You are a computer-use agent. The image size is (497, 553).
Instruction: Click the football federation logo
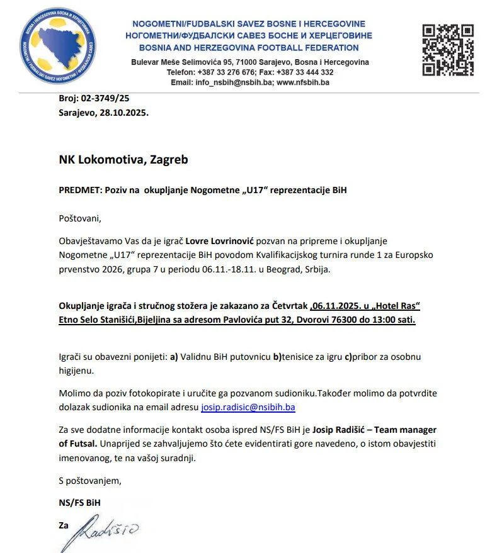(59, 47)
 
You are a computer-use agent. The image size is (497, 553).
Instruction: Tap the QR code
(447, 50)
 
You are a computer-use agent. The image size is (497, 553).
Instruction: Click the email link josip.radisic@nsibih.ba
(248, 407)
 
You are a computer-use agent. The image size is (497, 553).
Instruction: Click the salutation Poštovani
(80, 219)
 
